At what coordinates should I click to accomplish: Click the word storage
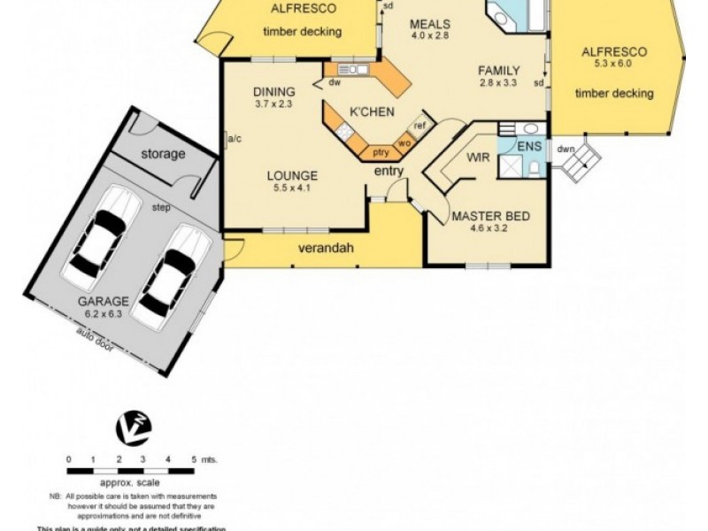point(163,154)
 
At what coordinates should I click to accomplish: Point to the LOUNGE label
point(292,175)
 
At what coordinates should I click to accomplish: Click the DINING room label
point(273,91)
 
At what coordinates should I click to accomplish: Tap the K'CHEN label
point(366,112)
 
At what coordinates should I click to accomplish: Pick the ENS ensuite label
point(529,146)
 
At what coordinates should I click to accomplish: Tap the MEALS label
point(430,24)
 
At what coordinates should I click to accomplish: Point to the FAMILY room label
point(498,71)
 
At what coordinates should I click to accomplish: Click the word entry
point(389,171)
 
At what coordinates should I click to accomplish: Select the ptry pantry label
point(380,152)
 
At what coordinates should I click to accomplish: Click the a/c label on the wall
point(235,139)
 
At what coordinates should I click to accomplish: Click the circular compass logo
point(134,427)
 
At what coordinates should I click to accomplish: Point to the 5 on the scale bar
point(194,459)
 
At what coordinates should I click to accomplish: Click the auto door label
point(95,340)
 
